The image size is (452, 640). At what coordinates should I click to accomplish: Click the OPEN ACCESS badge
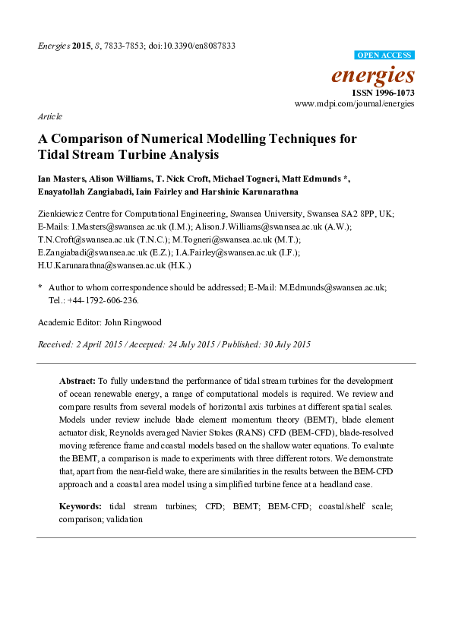384,55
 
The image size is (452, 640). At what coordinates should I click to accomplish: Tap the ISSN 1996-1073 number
388,93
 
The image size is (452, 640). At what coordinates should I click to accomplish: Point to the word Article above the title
49,116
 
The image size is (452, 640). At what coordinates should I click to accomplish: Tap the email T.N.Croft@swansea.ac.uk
81,239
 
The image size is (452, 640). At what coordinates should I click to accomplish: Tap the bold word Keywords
81,505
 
